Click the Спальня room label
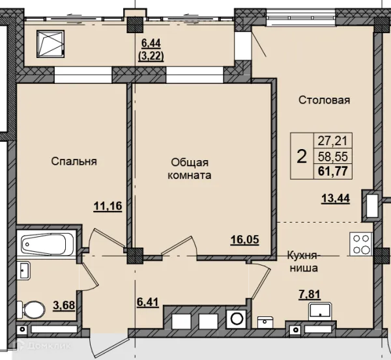74,161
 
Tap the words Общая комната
189,169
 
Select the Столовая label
324,100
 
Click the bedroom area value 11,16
108,206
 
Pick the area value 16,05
245,240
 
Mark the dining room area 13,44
336,199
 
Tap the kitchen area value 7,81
310,294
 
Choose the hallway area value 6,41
148,303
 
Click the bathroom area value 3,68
64,305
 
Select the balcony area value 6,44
151,44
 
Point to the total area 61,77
332,172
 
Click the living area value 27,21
332,141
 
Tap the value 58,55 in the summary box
332,156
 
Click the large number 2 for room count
302,157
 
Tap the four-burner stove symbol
361,244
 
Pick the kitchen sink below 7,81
320,311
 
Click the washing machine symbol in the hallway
237,319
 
